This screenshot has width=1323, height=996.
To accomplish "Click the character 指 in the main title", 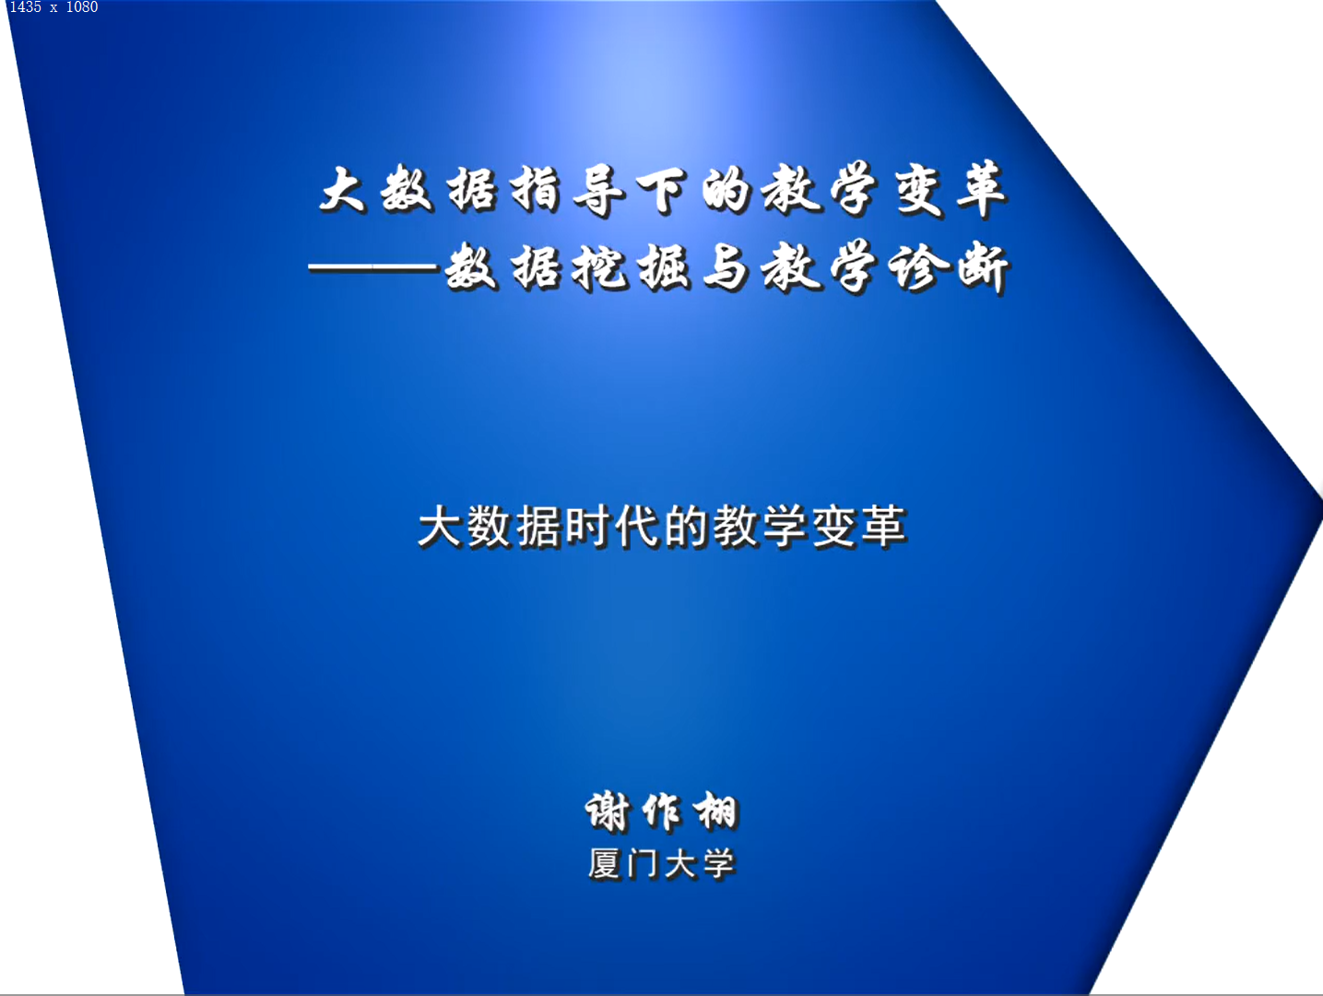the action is pyautogui.click(x=536, y=190).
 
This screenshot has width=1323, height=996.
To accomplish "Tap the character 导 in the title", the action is pyautogui.click(x=598, y=190).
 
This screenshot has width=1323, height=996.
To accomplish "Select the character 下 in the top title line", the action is pyautogui.click(x=662, y=190).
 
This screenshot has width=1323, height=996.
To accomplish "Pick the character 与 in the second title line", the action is pyautogui.click(x=726, y=267).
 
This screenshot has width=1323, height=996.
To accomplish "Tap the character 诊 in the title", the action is pyautogui.click(x=918, y=267).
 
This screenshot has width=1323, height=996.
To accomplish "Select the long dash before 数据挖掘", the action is pyautogui.click(x=373, y=269).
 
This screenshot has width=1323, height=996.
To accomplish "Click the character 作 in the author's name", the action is pyautogui.click(x=662, y=812).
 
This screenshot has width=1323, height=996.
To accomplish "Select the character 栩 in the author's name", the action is pyautogui.click(x=716, y=812).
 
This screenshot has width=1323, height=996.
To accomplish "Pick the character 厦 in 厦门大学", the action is pyautogui.click(x=605, y=864).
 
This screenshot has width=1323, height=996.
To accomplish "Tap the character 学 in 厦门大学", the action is pyautogui.click(x=719, y=864).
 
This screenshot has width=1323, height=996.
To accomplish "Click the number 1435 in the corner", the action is pyautogui.click(x=26, y=7).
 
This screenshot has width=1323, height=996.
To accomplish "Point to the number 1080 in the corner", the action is pyautogui.click(x=81, y=7).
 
